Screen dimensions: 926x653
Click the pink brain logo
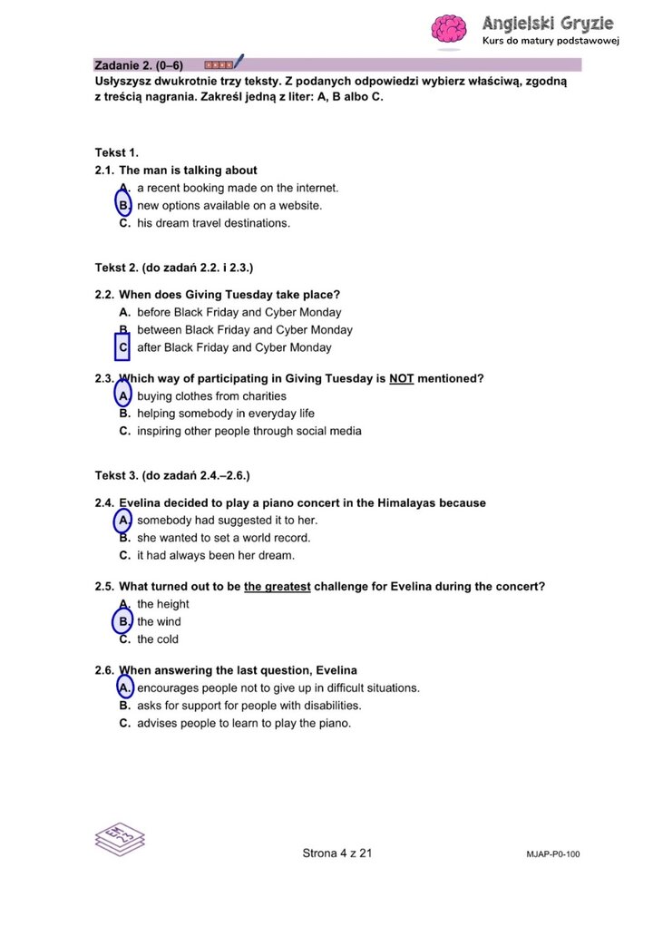point(448,30)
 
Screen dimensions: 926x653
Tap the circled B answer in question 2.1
point(124,205)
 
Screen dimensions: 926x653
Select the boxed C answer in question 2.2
point(123,347)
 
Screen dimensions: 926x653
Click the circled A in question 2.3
point(124,395)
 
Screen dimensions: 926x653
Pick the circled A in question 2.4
point(123,521)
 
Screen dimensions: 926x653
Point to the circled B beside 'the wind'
point(123,622)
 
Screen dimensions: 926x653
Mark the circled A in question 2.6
point(124,687)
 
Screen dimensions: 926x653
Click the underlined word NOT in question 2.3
point(401,378)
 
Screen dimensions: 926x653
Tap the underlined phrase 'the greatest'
point(277,587)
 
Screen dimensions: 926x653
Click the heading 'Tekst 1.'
point(116,152)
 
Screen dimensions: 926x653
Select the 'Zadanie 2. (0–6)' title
point(139,65)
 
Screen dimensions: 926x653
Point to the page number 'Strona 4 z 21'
point(337,853)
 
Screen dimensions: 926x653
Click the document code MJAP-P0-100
point(551,854)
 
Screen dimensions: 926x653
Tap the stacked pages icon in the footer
point(119,836)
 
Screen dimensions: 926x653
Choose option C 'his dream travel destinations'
point(213,223)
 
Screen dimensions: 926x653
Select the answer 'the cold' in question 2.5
point(157,639)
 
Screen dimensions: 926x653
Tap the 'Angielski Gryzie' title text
point(548,24)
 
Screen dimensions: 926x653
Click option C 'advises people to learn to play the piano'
point(243,724)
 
